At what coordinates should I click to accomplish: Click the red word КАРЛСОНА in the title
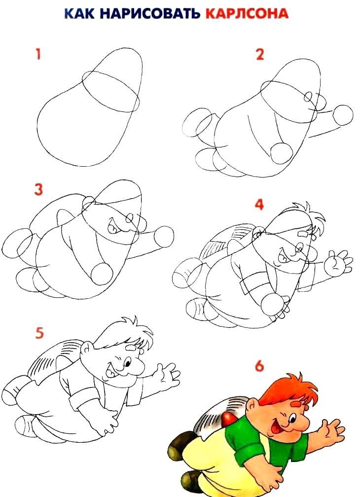point(247,13)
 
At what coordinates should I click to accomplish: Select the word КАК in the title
point(81,13)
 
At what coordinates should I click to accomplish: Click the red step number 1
point(38,54)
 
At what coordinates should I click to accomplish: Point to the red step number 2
point(260,54)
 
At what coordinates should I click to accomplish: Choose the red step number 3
point(38,189)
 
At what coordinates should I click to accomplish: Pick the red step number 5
point(39,333)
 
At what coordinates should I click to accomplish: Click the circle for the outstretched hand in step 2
point(344,114)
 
